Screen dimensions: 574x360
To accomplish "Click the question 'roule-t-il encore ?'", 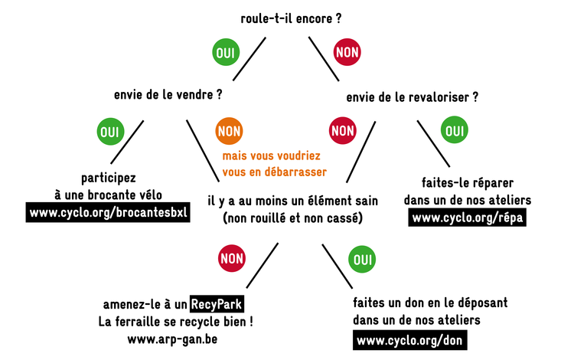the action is click(291, 18).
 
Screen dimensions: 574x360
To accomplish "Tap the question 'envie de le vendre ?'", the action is click(168, 95).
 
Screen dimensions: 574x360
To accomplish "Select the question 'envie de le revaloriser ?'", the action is click(413, 97).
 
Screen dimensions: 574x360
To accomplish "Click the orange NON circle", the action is click(229, 131).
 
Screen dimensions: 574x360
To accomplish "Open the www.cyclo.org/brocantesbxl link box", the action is click(108, 212).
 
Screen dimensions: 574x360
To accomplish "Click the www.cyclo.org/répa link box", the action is click(468, 218).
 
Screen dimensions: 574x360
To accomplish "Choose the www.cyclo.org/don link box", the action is click(410, 340).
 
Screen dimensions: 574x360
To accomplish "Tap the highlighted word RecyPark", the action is click(217, 304).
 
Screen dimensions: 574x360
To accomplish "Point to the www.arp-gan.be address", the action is click(172, 339).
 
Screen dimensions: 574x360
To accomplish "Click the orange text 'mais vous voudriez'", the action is click(271, 156).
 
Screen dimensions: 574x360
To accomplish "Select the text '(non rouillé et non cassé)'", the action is click(293, 218).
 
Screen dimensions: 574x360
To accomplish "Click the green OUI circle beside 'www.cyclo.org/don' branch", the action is click(362, 260).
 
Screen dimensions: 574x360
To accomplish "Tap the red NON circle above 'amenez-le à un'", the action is click(232, 258).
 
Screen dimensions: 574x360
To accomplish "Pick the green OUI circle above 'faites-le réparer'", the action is click(455, 129).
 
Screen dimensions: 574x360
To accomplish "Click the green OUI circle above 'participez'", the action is click(110, 132).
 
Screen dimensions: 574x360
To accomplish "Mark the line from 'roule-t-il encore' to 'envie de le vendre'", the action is click(249, 59).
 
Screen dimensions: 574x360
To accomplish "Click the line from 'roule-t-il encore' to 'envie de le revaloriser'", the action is click(324, 59).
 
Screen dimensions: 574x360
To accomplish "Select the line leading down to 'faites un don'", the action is click(338, 267).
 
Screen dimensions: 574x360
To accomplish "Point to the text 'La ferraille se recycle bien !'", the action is click(175, 322).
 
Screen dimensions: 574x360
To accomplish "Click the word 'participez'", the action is click(109, 178).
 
